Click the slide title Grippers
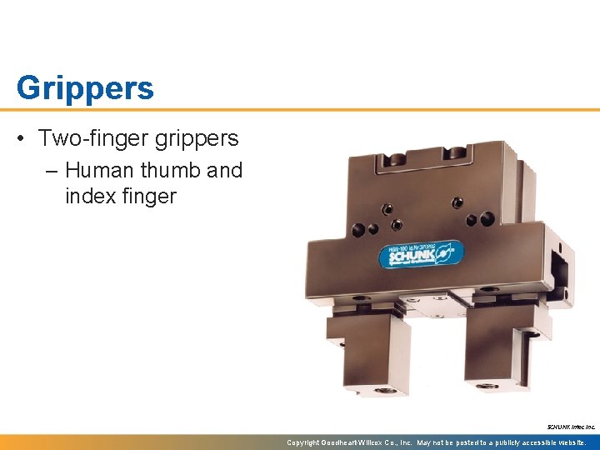pyautogui.click(x=85, y=87)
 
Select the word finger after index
pyautogui.click(x=149, y=197)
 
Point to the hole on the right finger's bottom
pyautogui.click(x=487, y=386)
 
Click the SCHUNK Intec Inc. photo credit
pyautogui.click(x=571, y=427)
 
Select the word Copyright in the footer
pyautogui.click(x=303, y=442)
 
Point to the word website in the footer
pyautogui.click(x=568, y=442)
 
